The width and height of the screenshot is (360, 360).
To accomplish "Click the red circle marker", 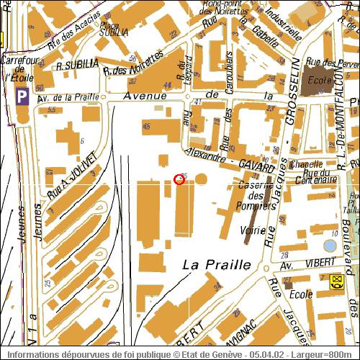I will pyautogui.click(x=180, y=179).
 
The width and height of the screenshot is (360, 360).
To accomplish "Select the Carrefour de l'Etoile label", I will pyautogui.click(x=20, y=68).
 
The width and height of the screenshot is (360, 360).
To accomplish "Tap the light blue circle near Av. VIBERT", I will pyautogui.click(x=329, y=246).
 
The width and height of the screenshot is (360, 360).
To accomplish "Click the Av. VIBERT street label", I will pyautogui.click(x=297, y=264).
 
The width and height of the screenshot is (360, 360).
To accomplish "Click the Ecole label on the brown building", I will pyautogui.click(x=318, y=81).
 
